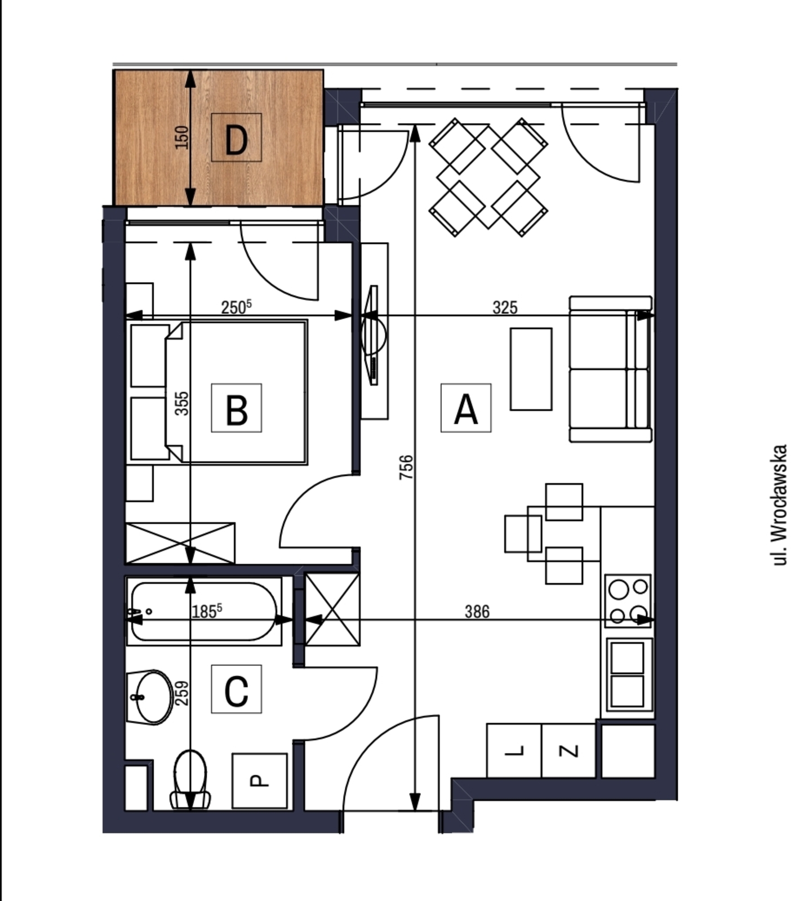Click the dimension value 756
pos(406,467)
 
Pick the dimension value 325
pos(505,307)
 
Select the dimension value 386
pos(477,612)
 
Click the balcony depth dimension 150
pos(182,137)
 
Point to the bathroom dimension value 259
pos(182,693)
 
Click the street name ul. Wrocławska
pos(780,505)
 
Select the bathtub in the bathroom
pos(204,611)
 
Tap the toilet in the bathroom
pos(190,779)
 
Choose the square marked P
pos(260,780)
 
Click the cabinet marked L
pos(514,750)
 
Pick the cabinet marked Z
pos(568,750)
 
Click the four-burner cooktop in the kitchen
pos(628,601)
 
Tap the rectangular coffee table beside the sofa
pos(531,369)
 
